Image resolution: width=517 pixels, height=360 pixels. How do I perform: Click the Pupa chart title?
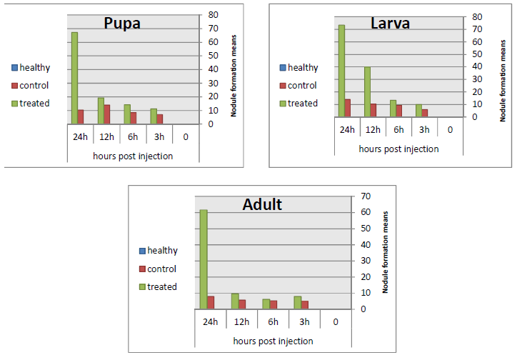(x=122, y=24)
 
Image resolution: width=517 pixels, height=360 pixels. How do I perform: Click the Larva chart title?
(x=390, y=24)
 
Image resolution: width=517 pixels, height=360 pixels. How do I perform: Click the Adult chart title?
(x=262, y=205)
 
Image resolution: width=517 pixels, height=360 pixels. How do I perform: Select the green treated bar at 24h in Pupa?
(x=74, y=78)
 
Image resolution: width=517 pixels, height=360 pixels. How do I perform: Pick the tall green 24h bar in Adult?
(x=204, y=259)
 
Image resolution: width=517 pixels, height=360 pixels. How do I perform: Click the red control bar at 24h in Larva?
(x=348, y=108)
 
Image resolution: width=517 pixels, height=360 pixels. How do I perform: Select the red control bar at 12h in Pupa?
(x=107, y=114)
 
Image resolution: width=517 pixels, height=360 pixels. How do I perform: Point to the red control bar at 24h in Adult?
(x=211, y=302)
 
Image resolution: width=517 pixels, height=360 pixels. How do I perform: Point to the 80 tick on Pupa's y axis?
(x=213, y=15)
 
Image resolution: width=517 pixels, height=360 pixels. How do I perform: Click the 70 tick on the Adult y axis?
(x=365, y=196)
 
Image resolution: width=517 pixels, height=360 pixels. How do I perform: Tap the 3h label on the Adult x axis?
(x=305, y=321)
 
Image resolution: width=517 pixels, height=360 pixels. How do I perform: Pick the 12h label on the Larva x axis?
(x=373, y=129)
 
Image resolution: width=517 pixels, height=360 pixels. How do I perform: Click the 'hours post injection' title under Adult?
(x=273, y=341)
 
